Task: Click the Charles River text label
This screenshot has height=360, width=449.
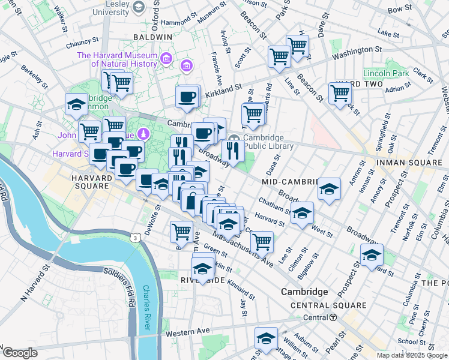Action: [x=145, y=307]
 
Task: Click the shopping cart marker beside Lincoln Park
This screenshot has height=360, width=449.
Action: [x=340, y=94]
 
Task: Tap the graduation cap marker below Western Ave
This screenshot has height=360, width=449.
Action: [x=266, y=338]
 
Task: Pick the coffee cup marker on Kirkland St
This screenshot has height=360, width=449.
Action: [x=187, y=97]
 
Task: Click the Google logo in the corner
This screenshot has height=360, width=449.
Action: [x=19, y=353]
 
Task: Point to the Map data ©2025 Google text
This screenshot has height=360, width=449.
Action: [x=412, y=355]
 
